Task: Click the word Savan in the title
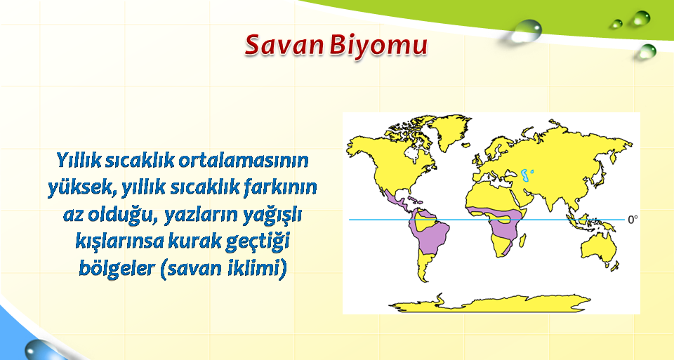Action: pos(284,45)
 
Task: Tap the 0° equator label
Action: pos(633,220)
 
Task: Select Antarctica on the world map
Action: pos(490,303)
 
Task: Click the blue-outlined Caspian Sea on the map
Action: pos(525,175)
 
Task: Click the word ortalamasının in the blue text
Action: pos(244,160)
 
